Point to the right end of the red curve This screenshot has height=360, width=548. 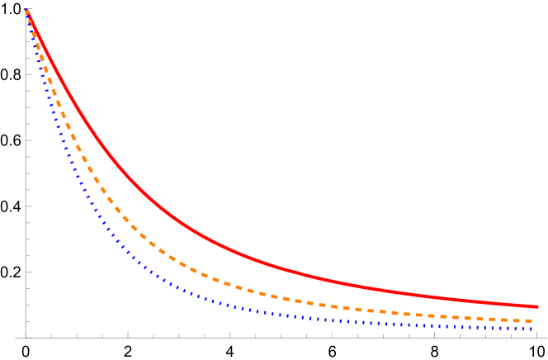pyautogui.click(x=538, y=306)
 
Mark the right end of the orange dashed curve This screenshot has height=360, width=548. pyautogui.click(x=532, y=320)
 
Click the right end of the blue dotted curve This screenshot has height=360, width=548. pyautogui.click(x=533, y=329)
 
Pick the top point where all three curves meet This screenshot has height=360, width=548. pyautogui.click(x=26, y=11)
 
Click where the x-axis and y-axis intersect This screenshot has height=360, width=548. pyautogui.click(x=26, y=337)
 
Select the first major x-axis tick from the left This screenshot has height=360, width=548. pyautogui.click(x=128, y=334)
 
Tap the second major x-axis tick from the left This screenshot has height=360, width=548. pyautogui.click(x=230, y=334)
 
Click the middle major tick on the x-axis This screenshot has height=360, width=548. pyautogui.click(x=332, y=334)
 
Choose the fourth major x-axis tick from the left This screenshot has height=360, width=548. pyautogui.click(x=434, y=334)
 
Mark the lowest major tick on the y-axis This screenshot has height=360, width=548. pyautogui.click(x=28, y=272)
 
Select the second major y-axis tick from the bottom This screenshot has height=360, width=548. pyautogui.click(x=28, y=206)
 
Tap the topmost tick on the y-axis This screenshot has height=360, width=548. pyautogui.click(x=28, y=9)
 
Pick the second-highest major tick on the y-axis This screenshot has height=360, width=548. pyautogui.click(x=28, y=74)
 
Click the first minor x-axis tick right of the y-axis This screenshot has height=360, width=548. pyautogui.click(x=51, y=335)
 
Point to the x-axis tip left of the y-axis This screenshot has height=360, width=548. pyautogui.click(x=16, y=337)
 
